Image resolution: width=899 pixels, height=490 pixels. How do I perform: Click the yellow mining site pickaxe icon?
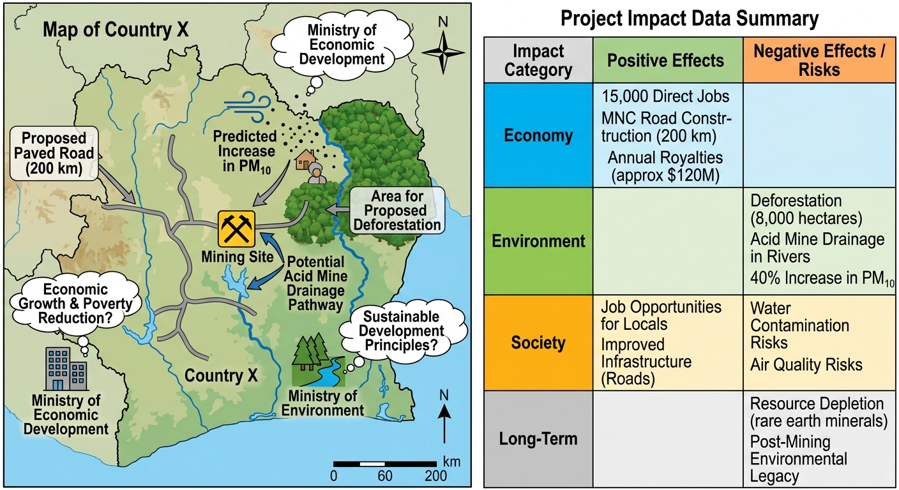[236, 228]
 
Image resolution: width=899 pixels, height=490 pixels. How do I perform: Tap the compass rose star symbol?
[443, 52]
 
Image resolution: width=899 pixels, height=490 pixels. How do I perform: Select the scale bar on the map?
[385, 464]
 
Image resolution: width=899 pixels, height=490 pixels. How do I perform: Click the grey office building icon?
[66, 369]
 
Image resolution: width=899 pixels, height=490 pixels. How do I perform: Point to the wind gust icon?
[248, 107]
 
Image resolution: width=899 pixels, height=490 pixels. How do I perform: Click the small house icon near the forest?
[306, 160]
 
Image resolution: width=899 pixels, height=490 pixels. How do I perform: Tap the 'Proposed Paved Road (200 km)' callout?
[54, 153]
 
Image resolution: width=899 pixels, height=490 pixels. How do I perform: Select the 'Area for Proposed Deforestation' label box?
[397, 211]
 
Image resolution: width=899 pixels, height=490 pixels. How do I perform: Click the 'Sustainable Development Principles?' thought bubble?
[402, 330]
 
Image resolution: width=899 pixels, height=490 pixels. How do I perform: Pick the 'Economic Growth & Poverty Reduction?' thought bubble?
[75, 304]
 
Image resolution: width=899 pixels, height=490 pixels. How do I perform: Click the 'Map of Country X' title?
[116, 30]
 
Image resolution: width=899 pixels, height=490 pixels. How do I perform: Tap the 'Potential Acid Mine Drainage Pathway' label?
[315, 283]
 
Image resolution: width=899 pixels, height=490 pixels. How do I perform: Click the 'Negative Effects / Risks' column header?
[819, 60]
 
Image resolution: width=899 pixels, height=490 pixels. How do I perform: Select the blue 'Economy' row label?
[538, 135]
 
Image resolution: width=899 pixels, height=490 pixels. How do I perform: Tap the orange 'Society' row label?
[538, 343]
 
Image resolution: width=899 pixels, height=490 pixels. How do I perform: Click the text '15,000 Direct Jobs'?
[665, 96]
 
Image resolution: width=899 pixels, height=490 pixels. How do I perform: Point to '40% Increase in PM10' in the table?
[822, 278]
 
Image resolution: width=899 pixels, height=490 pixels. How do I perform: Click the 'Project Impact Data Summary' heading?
[690, 19]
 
